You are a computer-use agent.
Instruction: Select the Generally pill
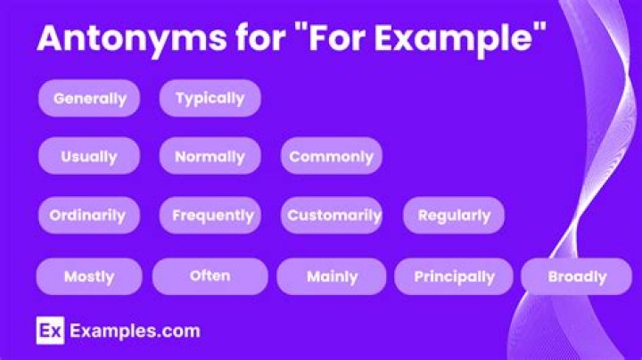pyautogui.click(x=89, y=98)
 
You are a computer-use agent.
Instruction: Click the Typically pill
pyautogui.click(x=210, y=98)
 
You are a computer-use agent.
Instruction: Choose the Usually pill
pyautogui.click(x=89, y=156)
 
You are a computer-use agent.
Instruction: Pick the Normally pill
pyautogui.click(x=210, y=156)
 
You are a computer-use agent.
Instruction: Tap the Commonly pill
pyautogui.click(x=331, y=156)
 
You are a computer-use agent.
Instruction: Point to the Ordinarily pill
pyautogui.click(x=87, y=215)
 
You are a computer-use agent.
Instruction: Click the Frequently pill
pyautogui.click(x=213, y=215)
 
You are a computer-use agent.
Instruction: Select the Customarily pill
pyautogui.click(x=334, y=215)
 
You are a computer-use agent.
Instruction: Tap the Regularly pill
pyautogui.click(x=454, y=215)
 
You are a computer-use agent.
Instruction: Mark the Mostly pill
pyautogui.click(x=89, y=276)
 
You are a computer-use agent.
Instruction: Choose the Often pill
pyautogui.click(x=210, y=275)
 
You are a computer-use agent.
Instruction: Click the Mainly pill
pyautogui.click(x=332, y=276)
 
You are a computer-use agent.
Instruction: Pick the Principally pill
pyautogui.click(x=454, y=276)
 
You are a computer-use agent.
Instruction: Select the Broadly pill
pyautogui.click(x=577, y=276)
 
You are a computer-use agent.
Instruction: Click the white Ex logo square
pyautogui.click(x=49, y=331)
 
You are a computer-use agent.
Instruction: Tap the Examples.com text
pyautogui.click(x=135, y=331)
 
